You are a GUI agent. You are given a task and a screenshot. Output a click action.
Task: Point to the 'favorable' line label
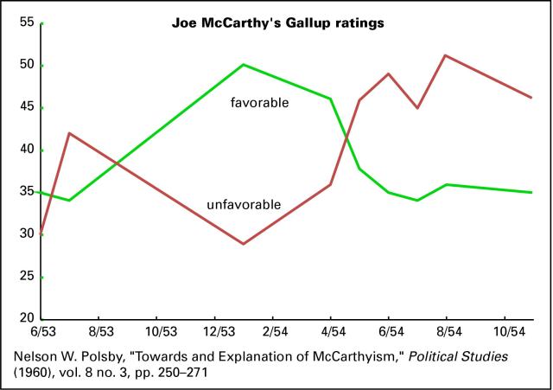(x=259, y=103)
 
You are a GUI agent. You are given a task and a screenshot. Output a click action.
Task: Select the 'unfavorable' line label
(x=244, y=205)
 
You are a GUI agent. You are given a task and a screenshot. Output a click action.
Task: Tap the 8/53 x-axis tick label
(x=100, y=332)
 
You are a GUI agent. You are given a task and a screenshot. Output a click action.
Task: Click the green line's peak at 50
(x=244, y=65)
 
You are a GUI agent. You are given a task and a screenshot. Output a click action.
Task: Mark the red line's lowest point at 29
(x=244, y=244)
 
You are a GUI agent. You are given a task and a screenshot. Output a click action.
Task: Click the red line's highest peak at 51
(x=444, y=55)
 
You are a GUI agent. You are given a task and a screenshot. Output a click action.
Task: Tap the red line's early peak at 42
(x=69, y=133)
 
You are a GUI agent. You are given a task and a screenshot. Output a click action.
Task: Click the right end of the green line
(x=531, y=192)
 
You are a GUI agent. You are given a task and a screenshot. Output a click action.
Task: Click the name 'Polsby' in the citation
(x=114, y=355)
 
